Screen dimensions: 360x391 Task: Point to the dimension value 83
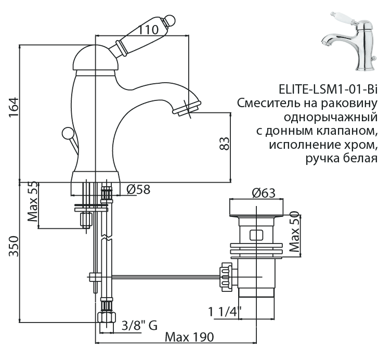pyautogui.click(x=224, y=143)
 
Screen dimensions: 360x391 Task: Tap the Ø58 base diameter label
pyautogui.click(x=138, y=190)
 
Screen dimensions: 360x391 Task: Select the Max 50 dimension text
pyautogui.click(x=294, y=232)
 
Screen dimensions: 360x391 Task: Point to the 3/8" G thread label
pyautogui.click(x=138, y=326)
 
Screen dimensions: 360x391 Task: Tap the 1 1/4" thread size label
pyautogui.click(x=225, y=313)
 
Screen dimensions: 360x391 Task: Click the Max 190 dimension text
pyautogui.click(x=189, y=337)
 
